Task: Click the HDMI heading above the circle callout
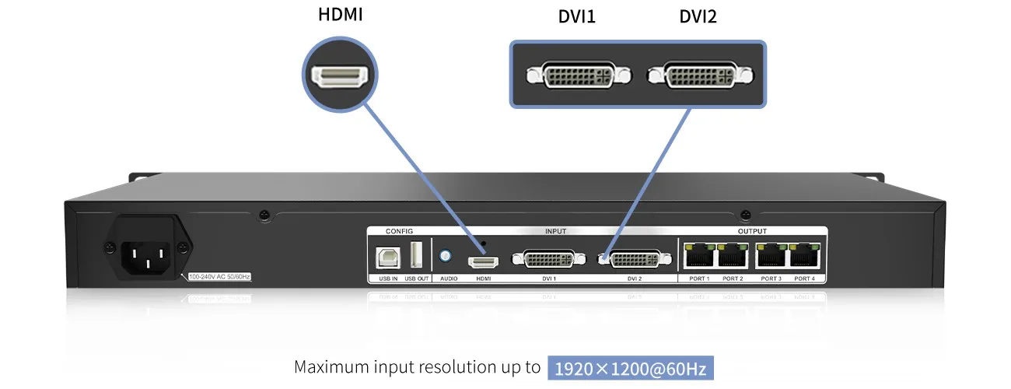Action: coord(340,15)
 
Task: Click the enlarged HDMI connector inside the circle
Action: coord(339,75)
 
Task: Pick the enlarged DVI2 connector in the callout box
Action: coord(699,76)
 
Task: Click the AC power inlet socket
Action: coord(147,252)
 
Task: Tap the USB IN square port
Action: coord(387,257)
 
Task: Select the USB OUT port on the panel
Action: coord(416,255)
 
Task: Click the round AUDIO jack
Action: coord(446,255)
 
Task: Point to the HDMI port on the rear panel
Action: coord(482,261)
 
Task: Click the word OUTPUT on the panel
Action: coord(752,231)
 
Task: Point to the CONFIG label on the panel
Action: coord(400,231)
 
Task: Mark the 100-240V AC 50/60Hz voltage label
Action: coord(220,276)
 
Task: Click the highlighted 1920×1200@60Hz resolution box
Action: coord(631,368)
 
